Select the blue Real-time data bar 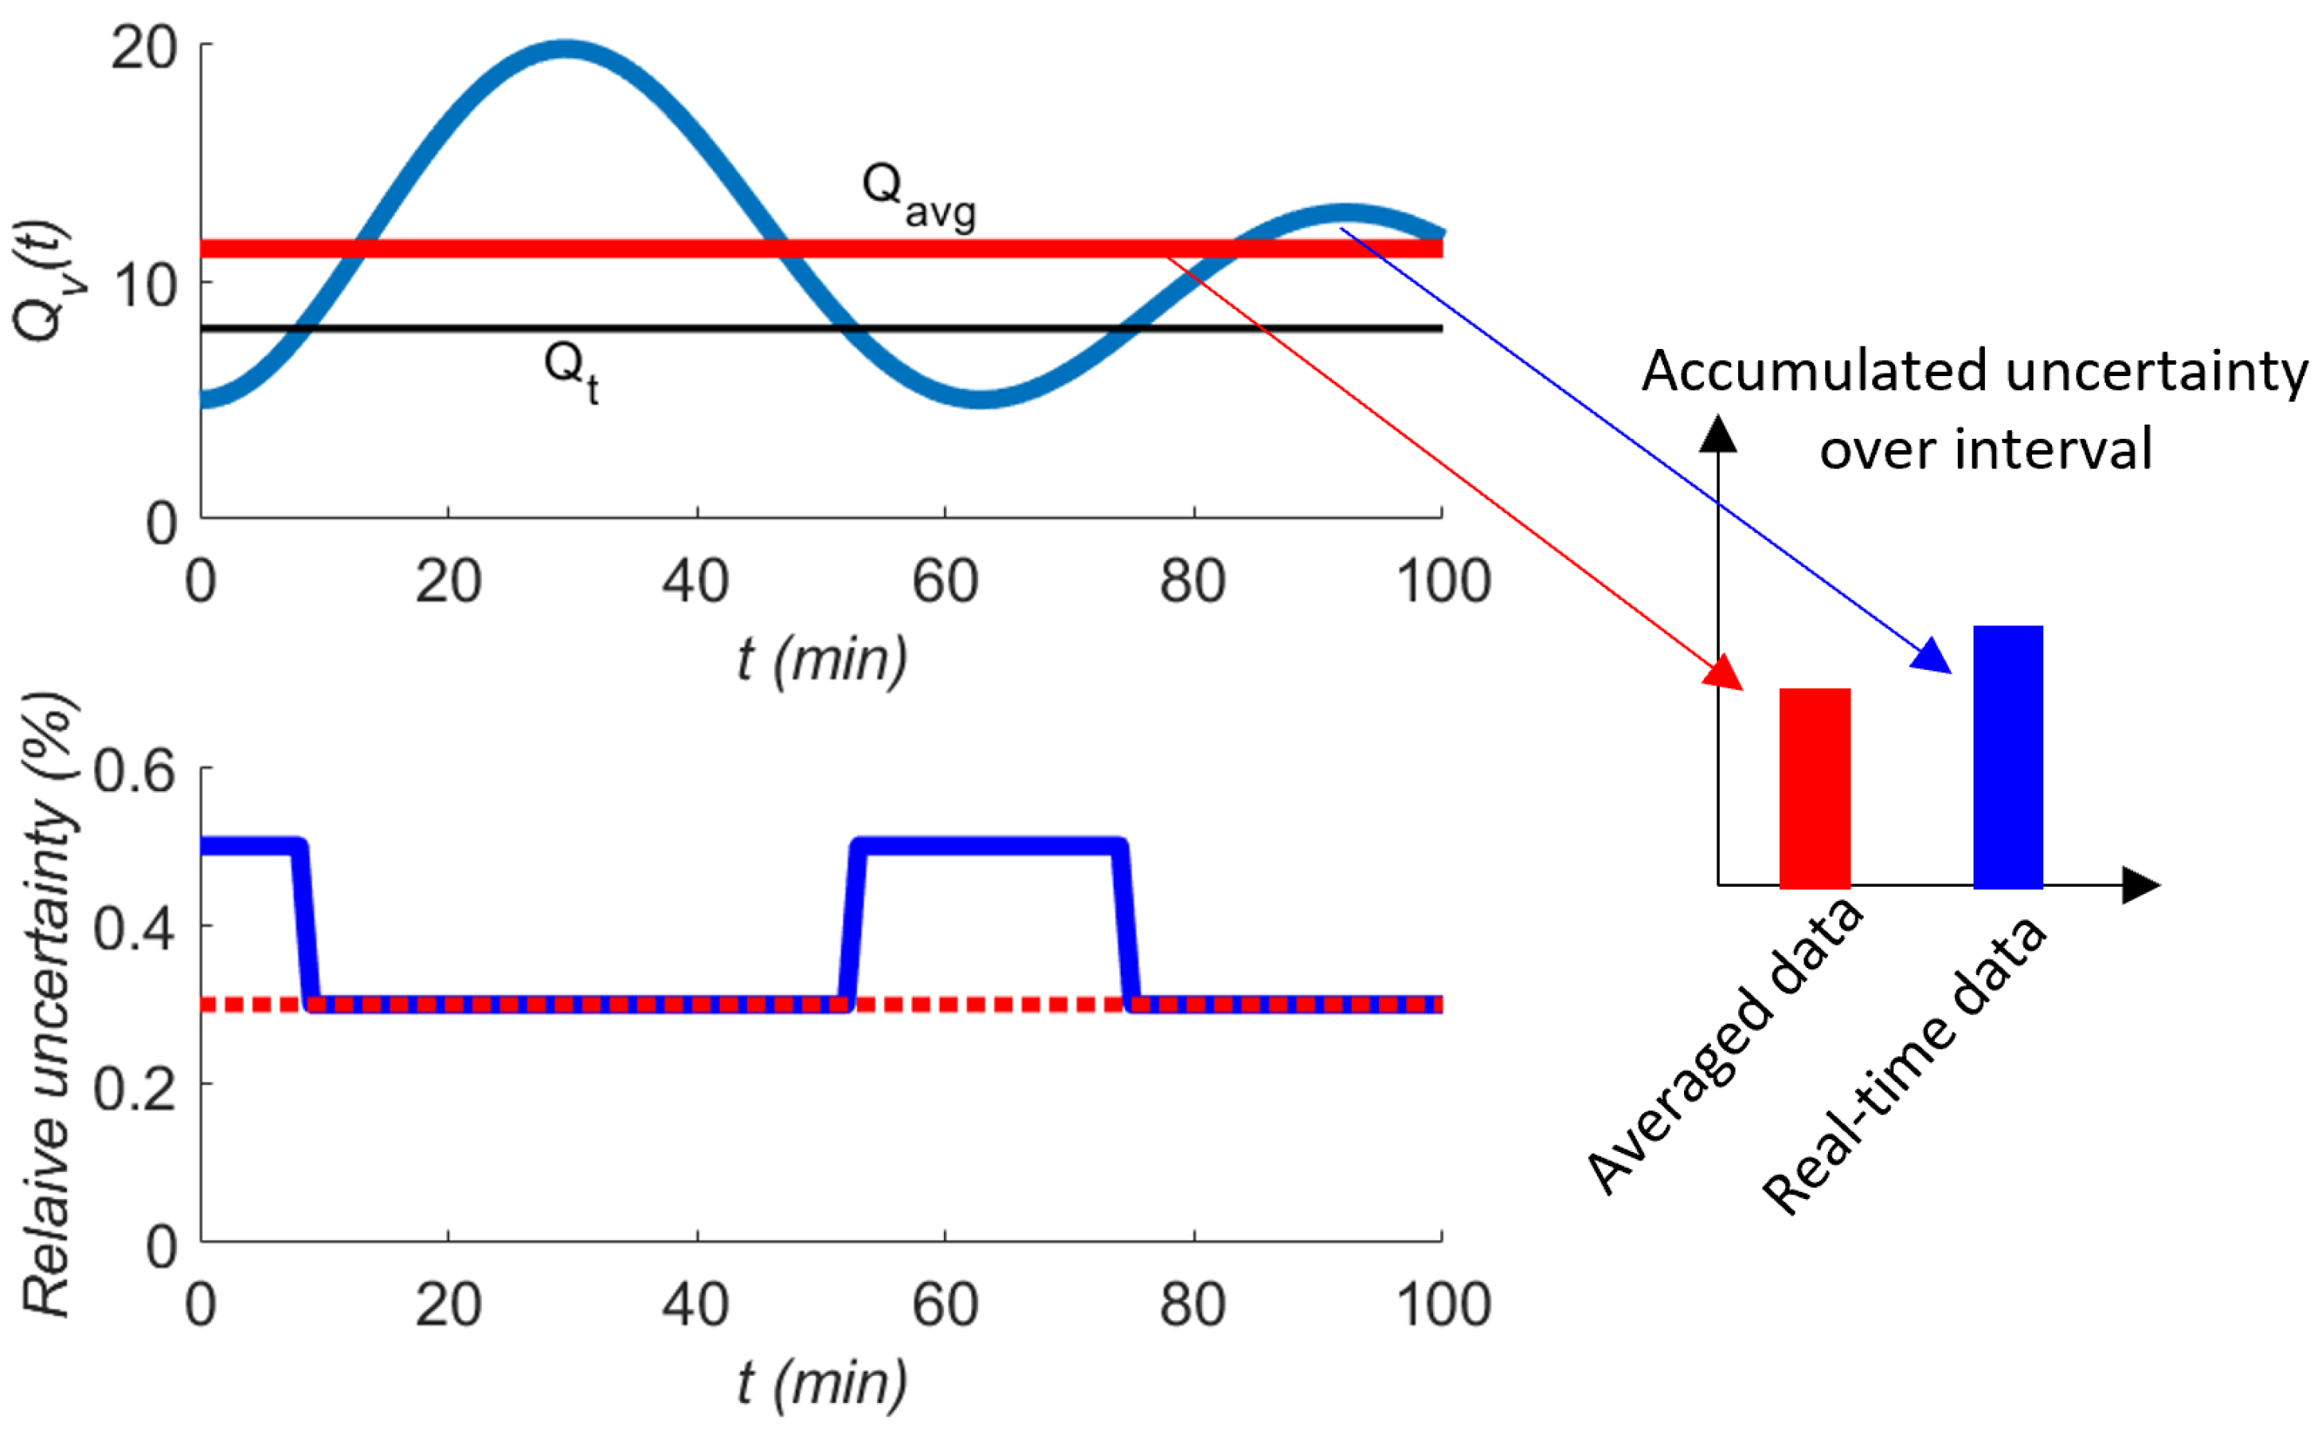pyautogui.click(x=2008, y=757)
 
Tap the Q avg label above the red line pyautogui.click(x=917, y=196)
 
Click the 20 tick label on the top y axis pyautogui.click(x=143, y=47)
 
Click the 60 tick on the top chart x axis pyautogui.click(x=945, y=581)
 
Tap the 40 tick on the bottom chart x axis pyautogui.click(x=696, y=1304)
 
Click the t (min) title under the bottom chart pyautogui.click(x=821, y=1383)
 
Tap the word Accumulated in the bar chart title pyautogui.click(x=1815, y=370)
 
